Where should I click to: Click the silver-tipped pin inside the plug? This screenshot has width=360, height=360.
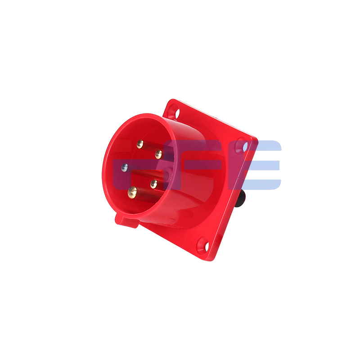(x=124, y=168)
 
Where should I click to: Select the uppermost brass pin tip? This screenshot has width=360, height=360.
(x=140, y=144)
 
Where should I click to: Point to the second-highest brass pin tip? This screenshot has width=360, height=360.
(x=158, y=154)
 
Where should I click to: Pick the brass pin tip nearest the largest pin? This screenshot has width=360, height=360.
(x=154, y=183)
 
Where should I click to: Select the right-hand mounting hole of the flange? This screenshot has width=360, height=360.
(x=245, y=147)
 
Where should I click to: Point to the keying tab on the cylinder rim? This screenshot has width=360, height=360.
(x=127, y=221)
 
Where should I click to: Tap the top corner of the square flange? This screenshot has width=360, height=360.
(x=170, y=100)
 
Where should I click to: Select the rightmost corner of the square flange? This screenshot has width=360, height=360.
(x=257, y=140)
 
